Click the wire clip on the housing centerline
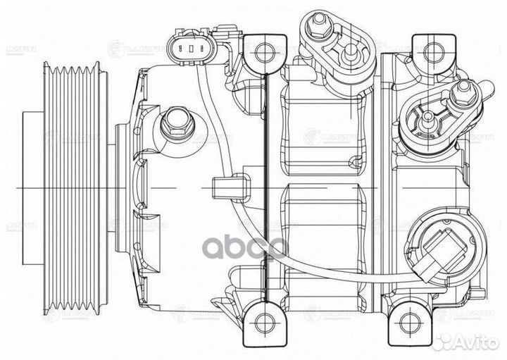(223, 190)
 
